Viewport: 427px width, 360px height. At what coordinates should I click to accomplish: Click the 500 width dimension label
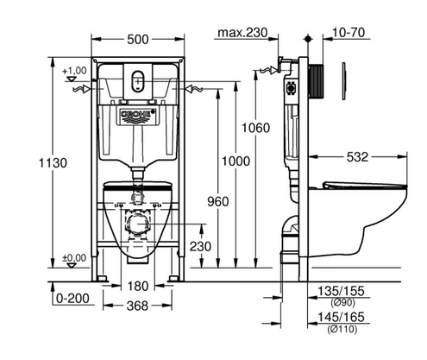(x=138, y=40)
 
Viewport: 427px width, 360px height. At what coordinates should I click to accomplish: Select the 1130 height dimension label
(x=53, y=163)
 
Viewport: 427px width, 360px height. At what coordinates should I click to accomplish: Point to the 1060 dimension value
(x=255, y=128)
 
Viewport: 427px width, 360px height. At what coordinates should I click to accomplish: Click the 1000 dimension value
(x=235, y=161)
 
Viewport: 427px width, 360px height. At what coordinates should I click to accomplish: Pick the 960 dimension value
(x=218, y=202)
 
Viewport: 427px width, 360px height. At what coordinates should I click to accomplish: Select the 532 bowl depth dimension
(x=357, y=157)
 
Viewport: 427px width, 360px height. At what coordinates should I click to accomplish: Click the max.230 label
(x=242, y=33)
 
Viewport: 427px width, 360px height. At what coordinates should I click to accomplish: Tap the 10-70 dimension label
(x=349, y=33)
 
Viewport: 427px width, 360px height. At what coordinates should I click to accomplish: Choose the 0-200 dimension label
(x=72, y=299)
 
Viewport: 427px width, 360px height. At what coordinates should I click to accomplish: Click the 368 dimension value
(x=137, y=306)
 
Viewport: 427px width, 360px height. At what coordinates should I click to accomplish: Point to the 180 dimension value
(x=138, y=286)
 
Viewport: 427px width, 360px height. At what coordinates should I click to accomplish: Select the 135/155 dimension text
(x=341, y=291)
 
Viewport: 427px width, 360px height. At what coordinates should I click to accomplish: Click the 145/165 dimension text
(x=341, y=317)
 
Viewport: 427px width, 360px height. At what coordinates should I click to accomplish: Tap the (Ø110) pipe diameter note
(x=342, y=329)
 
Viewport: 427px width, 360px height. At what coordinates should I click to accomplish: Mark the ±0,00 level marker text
(x=74, y=258)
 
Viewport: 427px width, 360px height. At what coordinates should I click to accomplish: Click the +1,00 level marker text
(x=74, y=71)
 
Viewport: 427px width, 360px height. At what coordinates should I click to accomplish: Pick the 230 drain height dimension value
(x=200, y=246)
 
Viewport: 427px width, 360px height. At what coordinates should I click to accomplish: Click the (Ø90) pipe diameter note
(x=342, y=302)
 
